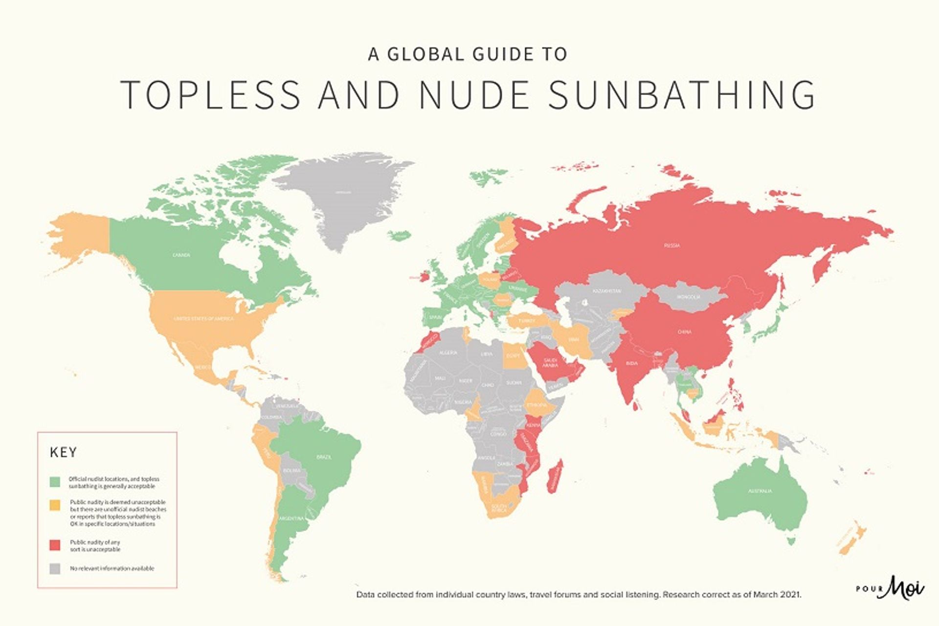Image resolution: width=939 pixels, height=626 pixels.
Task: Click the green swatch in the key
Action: point(55,482)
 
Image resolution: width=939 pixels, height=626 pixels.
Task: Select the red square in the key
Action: point(55,545)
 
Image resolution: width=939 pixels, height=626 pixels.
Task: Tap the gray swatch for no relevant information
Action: point(55,568)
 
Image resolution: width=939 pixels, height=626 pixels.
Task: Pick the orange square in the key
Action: point(55,505)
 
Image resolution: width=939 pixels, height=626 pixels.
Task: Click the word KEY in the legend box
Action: point(64,452)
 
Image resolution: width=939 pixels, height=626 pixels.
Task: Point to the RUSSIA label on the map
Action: point(671,246)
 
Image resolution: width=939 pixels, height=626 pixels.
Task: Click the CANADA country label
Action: point(181,255)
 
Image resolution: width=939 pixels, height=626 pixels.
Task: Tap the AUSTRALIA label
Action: point(760,491)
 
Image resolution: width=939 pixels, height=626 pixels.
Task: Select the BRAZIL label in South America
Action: point(324,457)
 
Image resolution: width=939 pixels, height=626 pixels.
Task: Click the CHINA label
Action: point(684,332)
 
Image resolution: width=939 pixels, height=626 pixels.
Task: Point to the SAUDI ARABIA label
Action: point(550,362)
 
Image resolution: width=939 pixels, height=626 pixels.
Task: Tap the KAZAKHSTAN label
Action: point(606,291)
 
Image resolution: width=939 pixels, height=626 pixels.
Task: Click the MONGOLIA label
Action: point(689,297)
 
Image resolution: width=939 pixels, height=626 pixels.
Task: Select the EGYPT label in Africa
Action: point(513,356)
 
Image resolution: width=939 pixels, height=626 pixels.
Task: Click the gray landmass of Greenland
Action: point(342,196)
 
